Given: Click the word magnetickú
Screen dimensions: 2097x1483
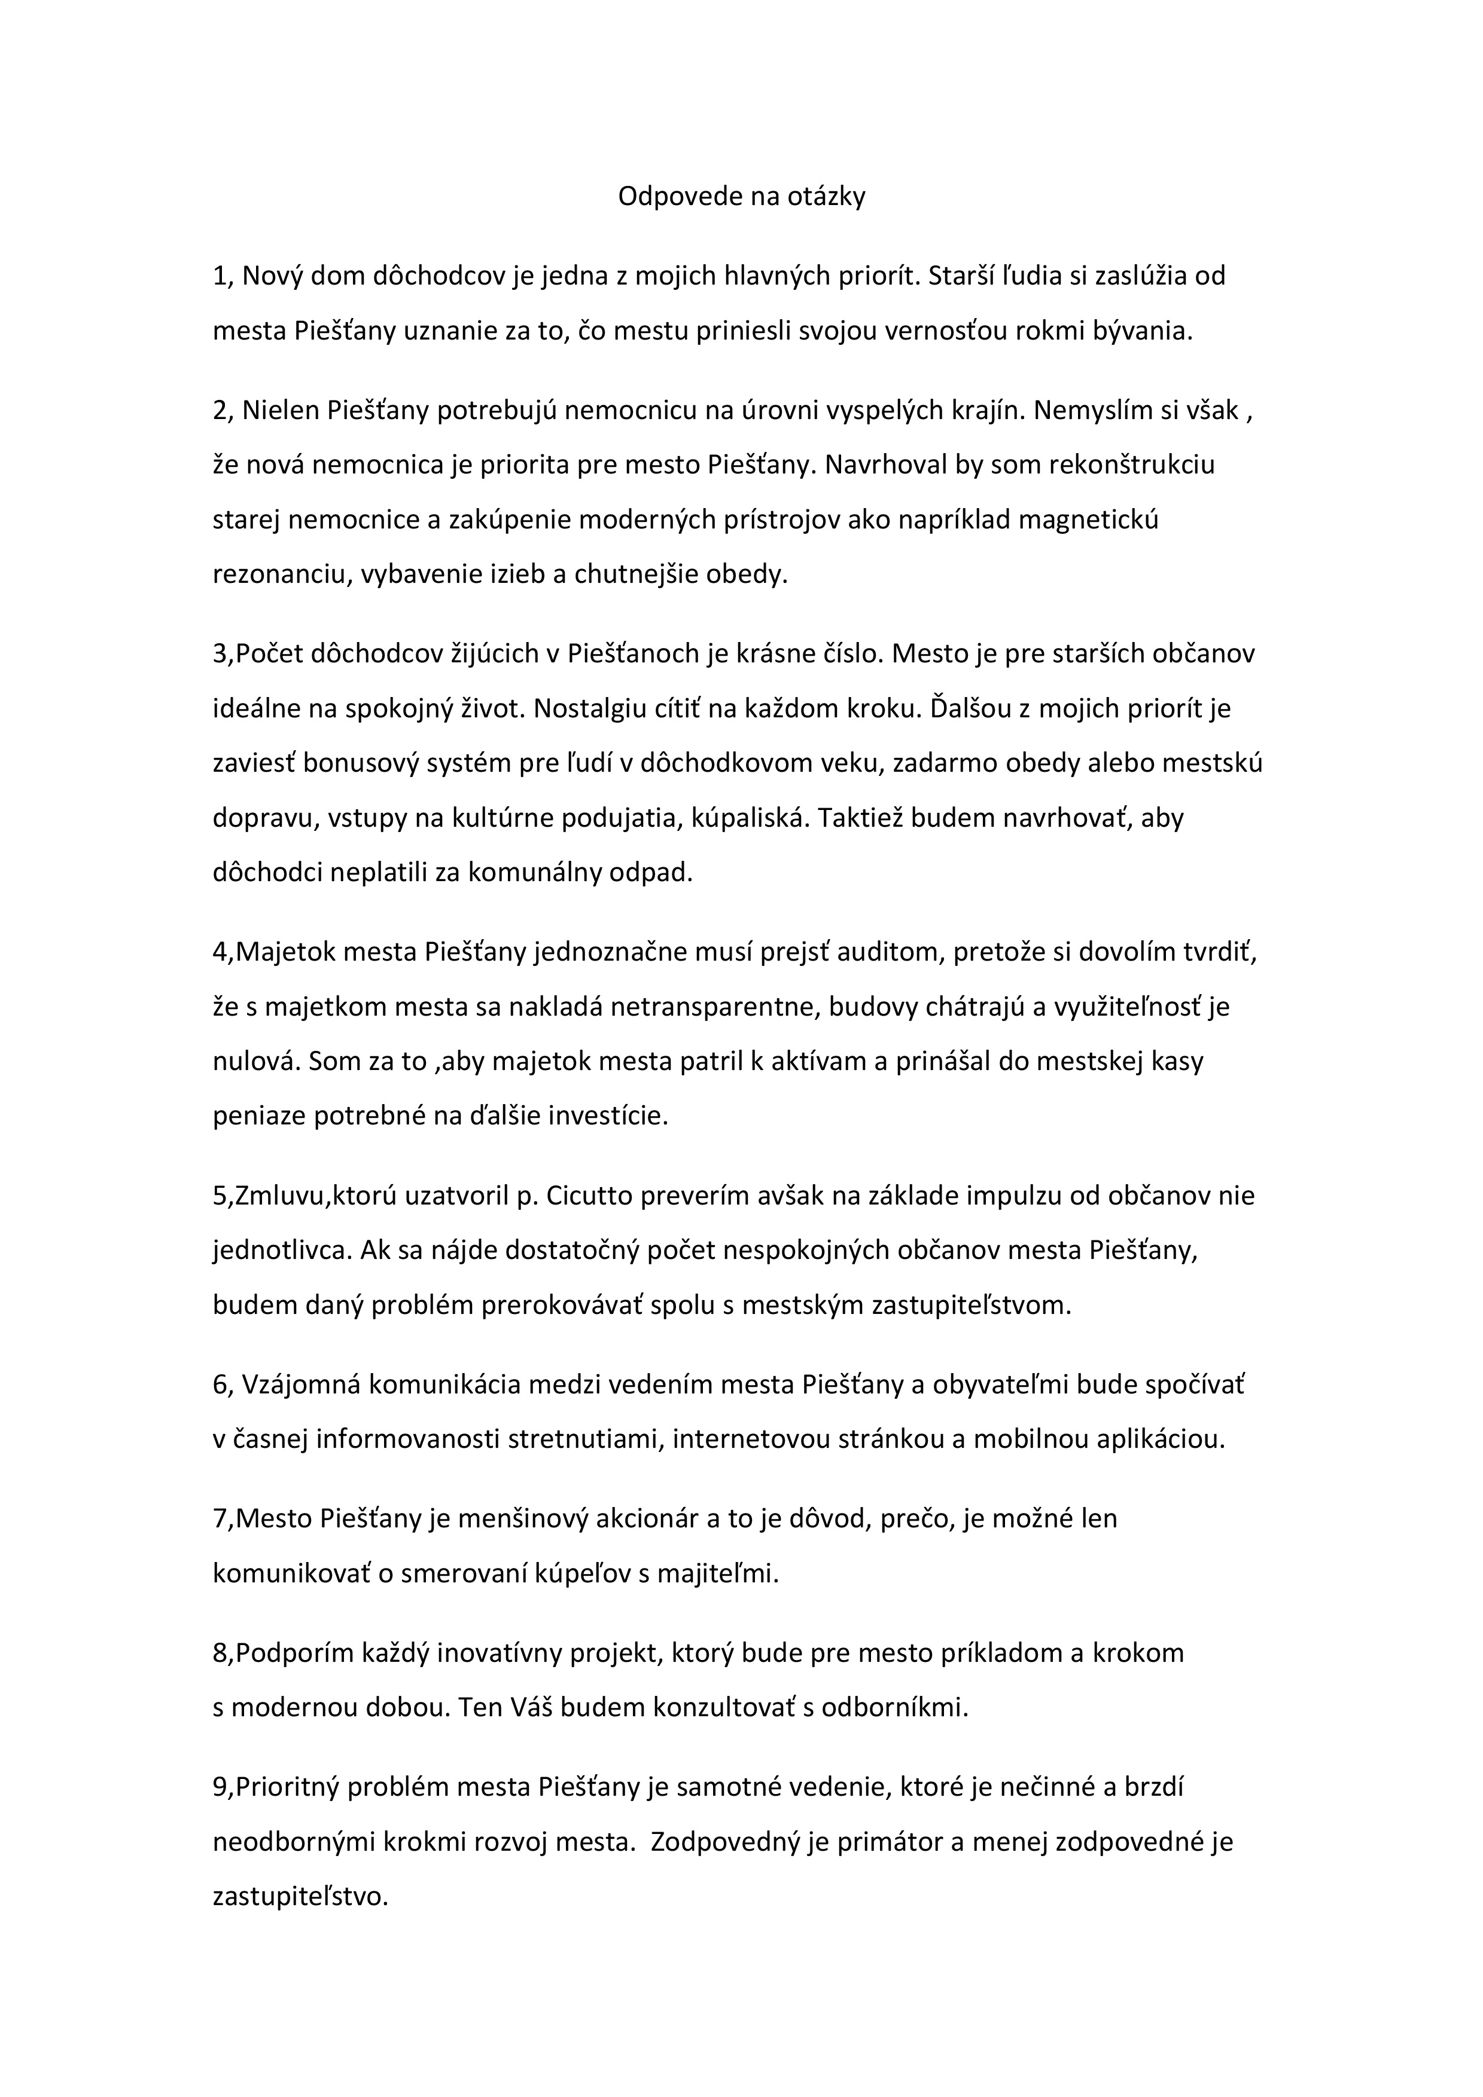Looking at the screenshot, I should coord(1088,519).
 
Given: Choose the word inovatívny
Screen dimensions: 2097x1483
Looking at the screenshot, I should coord(499,1654).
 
